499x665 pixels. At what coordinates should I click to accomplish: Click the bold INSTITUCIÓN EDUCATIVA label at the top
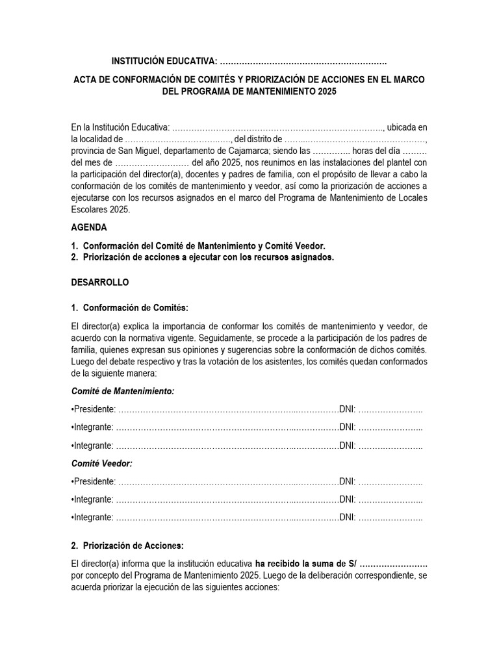click(x=164, y=61)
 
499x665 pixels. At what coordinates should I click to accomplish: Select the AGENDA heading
click(x=89, y=228)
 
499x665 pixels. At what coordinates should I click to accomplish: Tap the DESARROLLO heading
click(x=100, y=282)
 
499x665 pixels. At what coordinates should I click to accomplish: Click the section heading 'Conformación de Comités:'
click(x=135, y=307)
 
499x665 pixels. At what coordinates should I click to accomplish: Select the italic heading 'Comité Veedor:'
click(x=101, y=464)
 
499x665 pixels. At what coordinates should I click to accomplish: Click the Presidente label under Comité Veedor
click(x=94, y=481)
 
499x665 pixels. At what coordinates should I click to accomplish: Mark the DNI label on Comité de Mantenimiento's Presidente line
click(x=346, y=409)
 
